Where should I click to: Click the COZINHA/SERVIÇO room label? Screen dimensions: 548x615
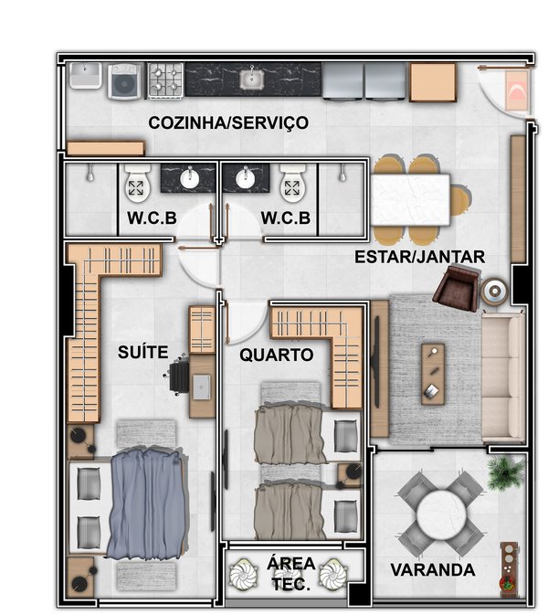(228, 122)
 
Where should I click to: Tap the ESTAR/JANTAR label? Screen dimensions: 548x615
(420, 258)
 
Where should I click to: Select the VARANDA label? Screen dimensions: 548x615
(433, 570)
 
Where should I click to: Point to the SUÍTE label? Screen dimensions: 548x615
(143, 352)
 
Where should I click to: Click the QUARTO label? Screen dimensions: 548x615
(277, 355)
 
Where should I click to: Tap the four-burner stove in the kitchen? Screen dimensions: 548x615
(166, 80)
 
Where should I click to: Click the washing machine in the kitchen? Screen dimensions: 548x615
(124, 81)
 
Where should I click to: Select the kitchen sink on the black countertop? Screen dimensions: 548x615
(252, 80)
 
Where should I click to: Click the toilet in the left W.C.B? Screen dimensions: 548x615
(136, 184)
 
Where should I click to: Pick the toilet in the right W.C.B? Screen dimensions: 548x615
(292, 184)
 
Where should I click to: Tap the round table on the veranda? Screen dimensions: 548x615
(441, 514)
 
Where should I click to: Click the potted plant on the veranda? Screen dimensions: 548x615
(505, 472)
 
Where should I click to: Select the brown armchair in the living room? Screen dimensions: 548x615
(457, 288)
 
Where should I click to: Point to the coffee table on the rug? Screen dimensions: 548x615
(433, 374)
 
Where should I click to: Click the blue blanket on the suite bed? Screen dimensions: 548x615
(147, 504)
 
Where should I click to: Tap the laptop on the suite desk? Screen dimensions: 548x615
(201, 387)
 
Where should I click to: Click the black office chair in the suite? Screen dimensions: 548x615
(178, 376)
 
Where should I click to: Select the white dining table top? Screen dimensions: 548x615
(410, 200)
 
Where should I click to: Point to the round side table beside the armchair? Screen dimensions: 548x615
(495, 292)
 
